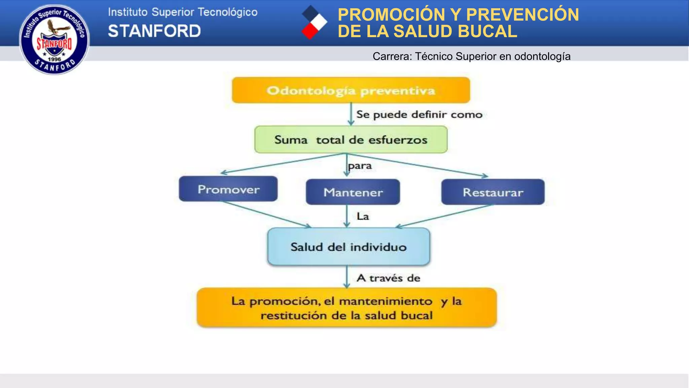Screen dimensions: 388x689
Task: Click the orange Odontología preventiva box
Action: point(351,90)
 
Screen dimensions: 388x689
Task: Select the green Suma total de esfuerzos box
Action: point(351,139)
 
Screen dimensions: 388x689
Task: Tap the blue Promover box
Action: point(228,189)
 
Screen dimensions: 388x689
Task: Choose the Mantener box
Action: point(353,192)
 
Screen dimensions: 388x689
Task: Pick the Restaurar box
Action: point(493,192)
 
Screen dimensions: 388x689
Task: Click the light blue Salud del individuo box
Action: point(349,247)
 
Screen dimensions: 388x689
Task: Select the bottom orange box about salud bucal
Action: point(347,308)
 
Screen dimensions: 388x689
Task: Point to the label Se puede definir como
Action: point(419,115)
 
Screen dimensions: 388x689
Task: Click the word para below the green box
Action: point(360,166)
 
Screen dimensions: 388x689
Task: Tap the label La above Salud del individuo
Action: point(363,216)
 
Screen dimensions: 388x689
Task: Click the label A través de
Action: point(388,278)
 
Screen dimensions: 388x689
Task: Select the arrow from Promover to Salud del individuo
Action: point(266,215)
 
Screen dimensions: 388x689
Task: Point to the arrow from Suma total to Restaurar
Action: point(417,165)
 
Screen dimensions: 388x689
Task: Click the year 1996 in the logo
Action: point(54,59)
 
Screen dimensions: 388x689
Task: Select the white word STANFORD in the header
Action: point(154,31)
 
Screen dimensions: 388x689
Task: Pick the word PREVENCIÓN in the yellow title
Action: point(522,15)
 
